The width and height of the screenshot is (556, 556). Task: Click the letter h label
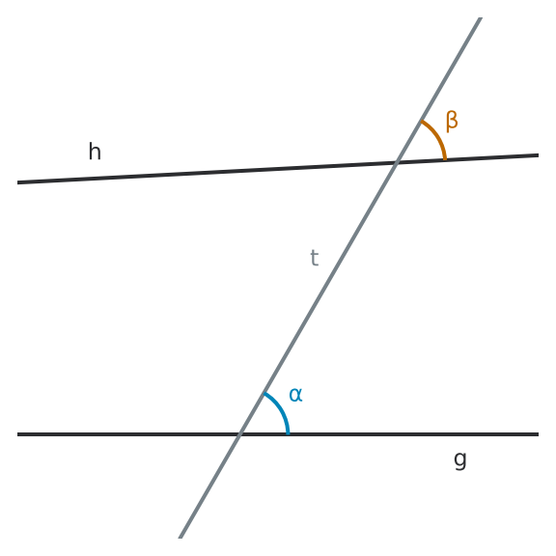(95, 152)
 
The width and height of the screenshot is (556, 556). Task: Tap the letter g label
(460, 460)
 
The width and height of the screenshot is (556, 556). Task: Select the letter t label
(315, 258)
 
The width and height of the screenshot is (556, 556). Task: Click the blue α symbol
(295, 395)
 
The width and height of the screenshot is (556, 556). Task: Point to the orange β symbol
(452, 122)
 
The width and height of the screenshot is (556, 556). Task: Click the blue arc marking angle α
(281, 409)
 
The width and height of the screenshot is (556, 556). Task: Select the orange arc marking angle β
(438, 136)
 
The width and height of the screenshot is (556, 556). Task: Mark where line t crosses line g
(239, 434)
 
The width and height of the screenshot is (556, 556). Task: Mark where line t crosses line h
(397, 162)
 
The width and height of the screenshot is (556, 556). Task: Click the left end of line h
(17, 182)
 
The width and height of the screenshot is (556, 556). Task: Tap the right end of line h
(539, 155)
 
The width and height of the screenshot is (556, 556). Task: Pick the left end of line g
(17, 434)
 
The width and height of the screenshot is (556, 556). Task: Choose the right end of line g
(539, 434)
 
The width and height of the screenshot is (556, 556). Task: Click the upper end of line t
(480, 17)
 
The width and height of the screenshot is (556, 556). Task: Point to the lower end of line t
(181, 538)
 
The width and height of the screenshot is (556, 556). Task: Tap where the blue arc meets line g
(288, 433)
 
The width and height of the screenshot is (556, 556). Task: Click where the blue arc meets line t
(264, 393)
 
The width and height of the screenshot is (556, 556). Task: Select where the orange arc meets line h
(445, 159)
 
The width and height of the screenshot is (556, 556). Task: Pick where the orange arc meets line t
(421, 122)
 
